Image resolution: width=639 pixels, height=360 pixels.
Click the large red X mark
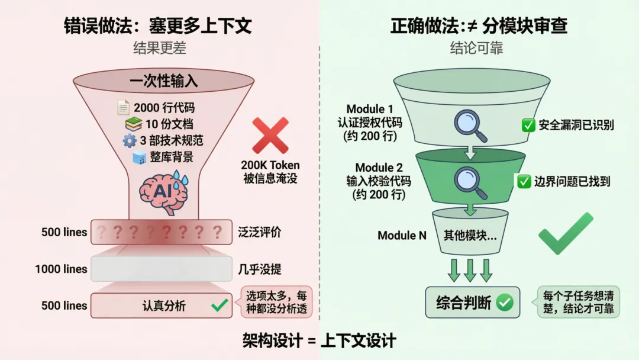click(270, 136)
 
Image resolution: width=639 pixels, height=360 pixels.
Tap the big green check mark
click(565, 234)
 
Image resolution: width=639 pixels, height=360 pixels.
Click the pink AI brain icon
click(163, 189)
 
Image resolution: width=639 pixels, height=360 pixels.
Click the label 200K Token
click(270, 165)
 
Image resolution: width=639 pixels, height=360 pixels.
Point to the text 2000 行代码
click(164, 108)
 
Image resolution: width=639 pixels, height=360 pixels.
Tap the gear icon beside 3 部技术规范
click(130, 141)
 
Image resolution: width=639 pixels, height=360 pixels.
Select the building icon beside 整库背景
click(140, 157)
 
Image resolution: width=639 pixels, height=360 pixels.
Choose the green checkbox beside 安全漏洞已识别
click(528, 126)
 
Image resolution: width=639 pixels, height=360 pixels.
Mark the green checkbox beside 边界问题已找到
click(524, 182)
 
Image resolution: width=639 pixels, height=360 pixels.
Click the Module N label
click(402, 236)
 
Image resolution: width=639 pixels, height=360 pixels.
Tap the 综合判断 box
click(473, 302)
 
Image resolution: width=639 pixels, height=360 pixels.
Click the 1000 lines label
click(61, 269)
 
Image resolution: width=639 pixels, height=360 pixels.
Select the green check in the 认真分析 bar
click(220, 306)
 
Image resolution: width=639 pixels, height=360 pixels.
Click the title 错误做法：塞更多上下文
click(158, 26)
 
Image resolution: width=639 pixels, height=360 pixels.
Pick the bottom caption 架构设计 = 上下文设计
click(319, 340)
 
